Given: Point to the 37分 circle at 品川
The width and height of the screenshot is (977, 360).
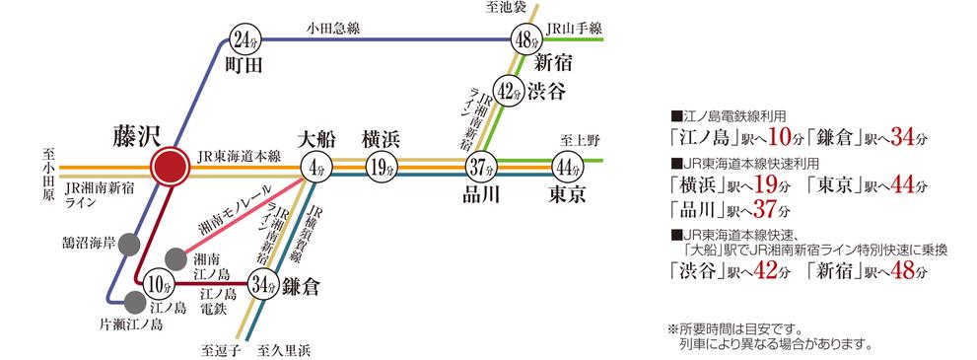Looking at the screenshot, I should pos(482,167).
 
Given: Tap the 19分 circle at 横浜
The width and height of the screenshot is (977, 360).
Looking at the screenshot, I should pos(380,167).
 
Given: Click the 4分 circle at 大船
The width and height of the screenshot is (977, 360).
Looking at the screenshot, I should pos(317,167).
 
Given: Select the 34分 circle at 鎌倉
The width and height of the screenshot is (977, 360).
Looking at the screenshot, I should pos(262,285).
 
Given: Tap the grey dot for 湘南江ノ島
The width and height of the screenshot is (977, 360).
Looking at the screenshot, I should pos(174,259).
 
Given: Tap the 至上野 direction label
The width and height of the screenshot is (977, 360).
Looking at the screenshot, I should pos(574,139).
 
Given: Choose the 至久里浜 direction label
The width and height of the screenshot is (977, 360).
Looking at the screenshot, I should pos(285,349).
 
